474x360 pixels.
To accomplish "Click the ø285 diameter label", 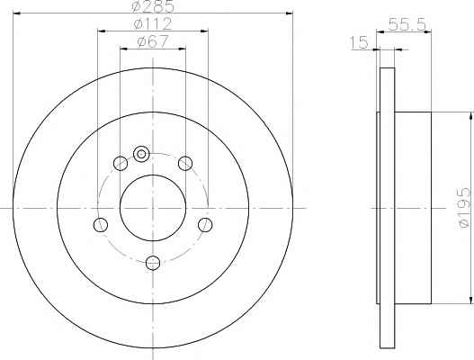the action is (153, 6).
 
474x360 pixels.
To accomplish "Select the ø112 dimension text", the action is (153, 23).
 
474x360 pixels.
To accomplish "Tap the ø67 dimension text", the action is (152, 41).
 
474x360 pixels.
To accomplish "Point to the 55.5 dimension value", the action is (407, 24).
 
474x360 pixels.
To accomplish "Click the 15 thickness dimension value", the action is (359, 42).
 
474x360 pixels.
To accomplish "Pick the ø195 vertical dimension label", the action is (465, 208).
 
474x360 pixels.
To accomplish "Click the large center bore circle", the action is (153, 175).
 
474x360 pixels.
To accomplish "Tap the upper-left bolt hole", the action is (121, 164).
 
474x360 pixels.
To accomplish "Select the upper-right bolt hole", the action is (185, 164).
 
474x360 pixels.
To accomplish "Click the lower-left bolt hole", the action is (101, 225).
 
